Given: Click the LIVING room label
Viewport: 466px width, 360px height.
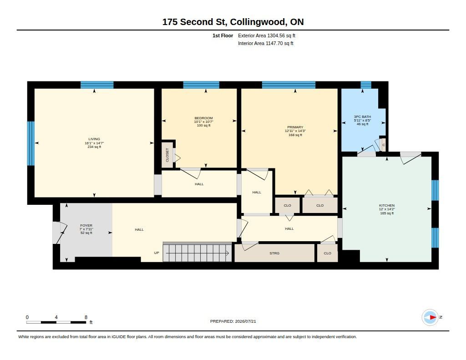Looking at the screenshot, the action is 94,139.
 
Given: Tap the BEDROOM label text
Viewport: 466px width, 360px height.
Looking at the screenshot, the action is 203,118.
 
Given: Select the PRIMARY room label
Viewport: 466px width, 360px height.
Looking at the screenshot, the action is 295,127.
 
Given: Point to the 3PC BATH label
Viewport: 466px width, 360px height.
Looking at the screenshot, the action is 362,117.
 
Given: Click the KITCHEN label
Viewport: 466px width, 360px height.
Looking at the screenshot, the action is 387,205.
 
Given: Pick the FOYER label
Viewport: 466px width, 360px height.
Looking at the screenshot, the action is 86,226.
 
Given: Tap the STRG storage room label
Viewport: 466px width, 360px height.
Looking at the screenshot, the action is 274,254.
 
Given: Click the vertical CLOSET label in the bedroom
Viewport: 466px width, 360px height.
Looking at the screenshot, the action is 167,155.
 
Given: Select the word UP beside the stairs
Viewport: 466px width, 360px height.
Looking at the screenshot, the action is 157,253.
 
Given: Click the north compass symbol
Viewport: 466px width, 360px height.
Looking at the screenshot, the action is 430,317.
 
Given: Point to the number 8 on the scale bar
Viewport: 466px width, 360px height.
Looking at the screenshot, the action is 86,317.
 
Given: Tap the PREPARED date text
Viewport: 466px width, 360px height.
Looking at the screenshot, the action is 233,321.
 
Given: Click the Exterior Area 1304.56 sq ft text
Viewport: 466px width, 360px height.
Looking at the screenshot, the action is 267,35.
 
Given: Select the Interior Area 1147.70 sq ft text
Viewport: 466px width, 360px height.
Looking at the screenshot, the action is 266,43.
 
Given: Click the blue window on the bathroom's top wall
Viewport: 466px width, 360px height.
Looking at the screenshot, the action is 366,85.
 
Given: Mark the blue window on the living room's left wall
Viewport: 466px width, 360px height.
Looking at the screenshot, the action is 31,143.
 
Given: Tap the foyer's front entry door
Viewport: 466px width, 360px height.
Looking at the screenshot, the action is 60,233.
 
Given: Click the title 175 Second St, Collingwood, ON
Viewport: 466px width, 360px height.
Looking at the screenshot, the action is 233,22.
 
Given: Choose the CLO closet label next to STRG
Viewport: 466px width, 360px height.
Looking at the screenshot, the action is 327,254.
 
